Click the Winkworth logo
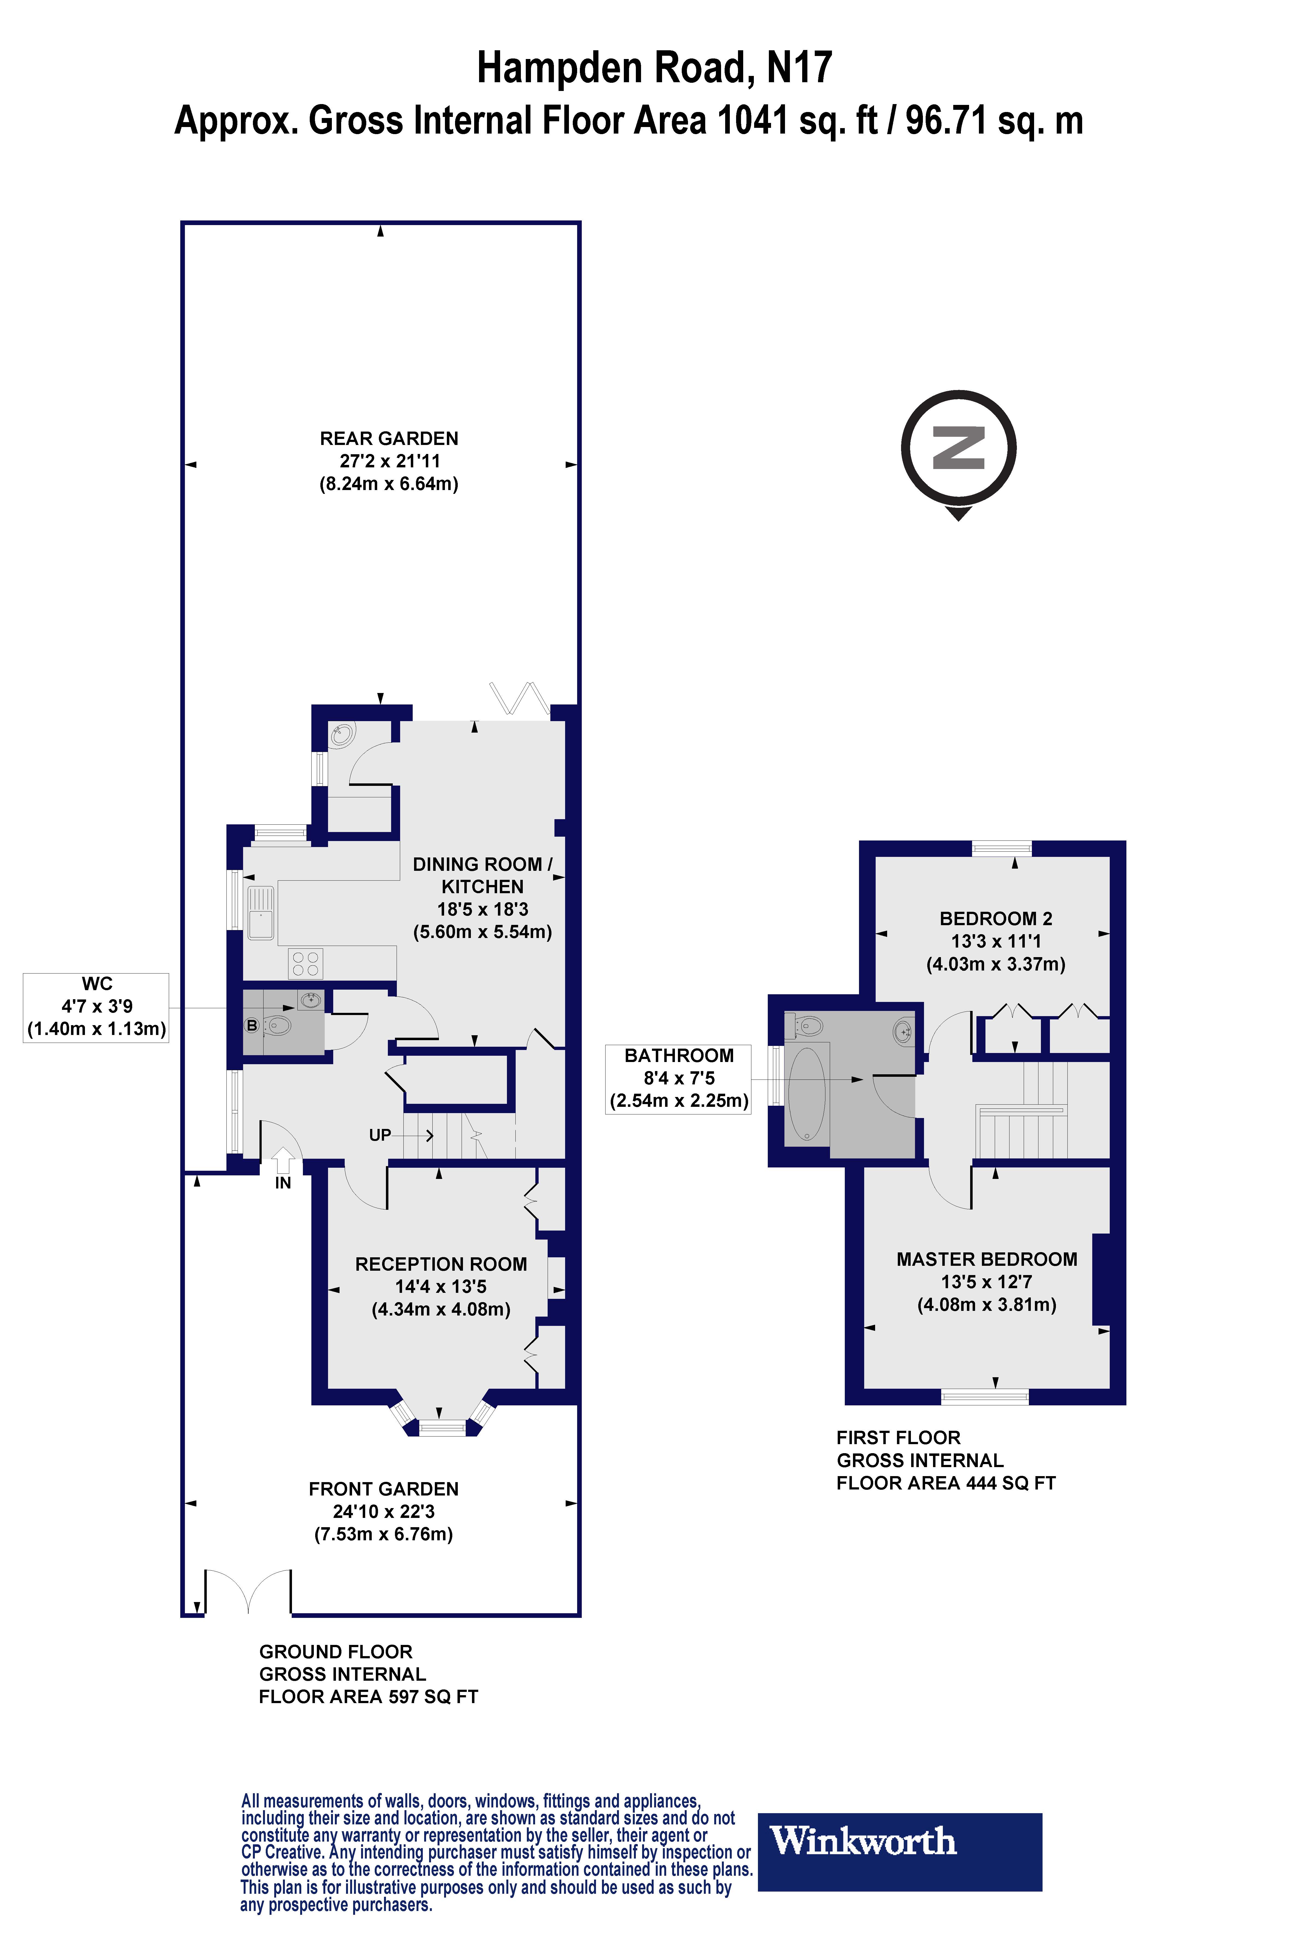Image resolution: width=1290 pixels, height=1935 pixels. (899, 1851)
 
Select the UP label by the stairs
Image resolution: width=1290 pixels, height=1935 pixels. (379, 1135)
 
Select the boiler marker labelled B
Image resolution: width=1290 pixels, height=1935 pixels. (252, 1025)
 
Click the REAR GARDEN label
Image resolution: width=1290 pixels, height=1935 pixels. (388, 438)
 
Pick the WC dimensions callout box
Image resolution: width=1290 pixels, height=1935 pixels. (96, 1007)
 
